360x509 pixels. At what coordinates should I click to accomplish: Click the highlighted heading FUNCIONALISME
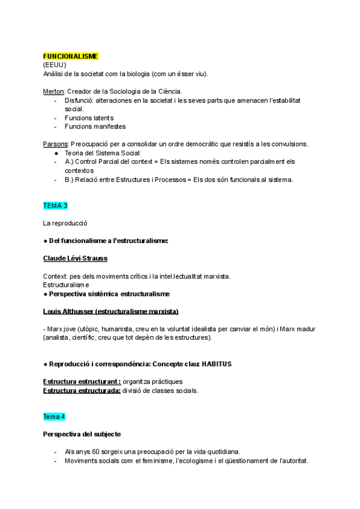(x=71, y=56)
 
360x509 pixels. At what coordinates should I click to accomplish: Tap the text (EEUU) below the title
(x=55, y=65)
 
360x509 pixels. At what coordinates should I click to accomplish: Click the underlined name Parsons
(x=56, y=144)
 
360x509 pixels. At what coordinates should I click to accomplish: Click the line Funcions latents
(x=89, y=118)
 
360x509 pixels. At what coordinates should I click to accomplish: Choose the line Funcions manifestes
(x=95, y=127)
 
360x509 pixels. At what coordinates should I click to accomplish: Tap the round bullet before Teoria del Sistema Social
(x=56, y=153)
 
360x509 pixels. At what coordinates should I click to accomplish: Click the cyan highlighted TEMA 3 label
(x=55, y=205)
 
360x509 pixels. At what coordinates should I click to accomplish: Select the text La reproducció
(x=65, y=223)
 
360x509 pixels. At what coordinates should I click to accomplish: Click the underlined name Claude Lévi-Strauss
(x=76, y=258)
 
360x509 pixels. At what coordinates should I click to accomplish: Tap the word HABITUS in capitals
(x=217, y=364)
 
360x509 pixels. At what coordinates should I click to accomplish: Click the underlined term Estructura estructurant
(x=81, y=382)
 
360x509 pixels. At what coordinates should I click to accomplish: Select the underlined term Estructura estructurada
(x=81, y=391)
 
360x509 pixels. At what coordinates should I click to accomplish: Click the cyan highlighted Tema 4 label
(x=54, y=416)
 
